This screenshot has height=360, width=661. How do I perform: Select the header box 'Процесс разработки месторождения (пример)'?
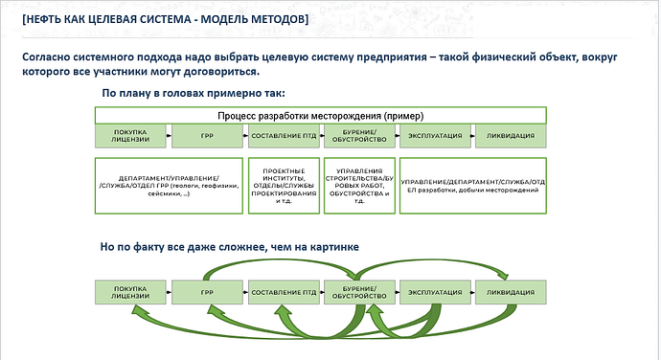319,116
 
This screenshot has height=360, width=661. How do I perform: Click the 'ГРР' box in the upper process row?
206,137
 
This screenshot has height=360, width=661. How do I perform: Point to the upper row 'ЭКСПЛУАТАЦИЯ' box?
434,137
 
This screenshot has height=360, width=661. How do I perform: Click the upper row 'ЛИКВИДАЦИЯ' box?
510,137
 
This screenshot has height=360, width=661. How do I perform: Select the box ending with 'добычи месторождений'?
472,186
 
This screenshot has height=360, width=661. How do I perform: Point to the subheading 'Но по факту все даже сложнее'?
229,247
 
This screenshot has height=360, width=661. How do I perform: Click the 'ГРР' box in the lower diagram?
206,291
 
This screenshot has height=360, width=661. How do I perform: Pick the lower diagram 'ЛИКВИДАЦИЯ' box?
510,291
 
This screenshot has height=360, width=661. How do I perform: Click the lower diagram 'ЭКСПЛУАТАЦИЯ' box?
434,291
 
